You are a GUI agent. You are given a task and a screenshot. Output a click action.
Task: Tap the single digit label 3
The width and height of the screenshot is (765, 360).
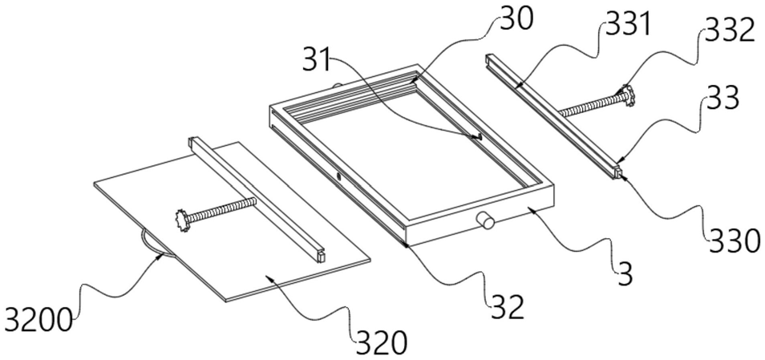pyautogui.click(x=625, y=274)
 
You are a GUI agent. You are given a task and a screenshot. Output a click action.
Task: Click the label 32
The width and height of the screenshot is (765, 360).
pyautogui.click(x=506, y=305)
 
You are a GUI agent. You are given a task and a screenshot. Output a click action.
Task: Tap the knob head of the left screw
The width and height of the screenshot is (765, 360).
pyautogui.click(x=182, y=217)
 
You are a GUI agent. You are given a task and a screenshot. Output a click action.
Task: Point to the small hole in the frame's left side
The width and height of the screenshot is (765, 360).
pyautogui.click(x=339, y=174)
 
